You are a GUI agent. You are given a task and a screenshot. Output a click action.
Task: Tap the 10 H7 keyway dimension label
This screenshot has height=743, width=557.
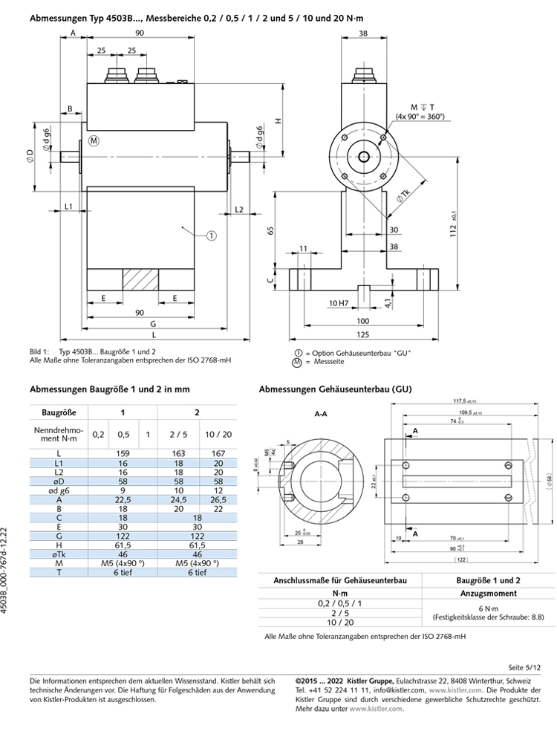point(339,303)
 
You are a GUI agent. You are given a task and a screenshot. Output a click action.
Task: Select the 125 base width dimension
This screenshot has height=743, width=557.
point(363,334)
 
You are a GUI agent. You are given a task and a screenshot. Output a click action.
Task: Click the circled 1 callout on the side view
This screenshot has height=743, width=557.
point(211,235)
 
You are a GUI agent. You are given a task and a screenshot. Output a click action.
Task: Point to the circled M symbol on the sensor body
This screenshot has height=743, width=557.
point(94,140)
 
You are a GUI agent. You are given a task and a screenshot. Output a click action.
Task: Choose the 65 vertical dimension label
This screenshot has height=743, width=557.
point(271,231)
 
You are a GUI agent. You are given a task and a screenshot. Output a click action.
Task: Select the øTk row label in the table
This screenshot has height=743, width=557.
point(59,554)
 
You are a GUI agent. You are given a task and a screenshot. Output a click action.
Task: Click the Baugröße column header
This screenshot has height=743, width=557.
point(59,411)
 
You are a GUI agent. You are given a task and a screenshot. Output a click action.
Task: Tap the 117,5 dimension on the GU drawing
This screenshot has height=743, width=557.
point(467,401)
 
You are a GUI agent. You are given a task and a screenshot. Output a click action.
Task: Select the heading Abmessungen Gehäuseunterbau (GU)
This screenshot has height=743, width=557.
point(334,389)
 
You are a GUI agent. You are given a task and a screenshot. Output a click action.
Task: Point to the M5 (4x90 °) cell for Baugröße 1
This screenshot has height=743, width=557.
point(123,563)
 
